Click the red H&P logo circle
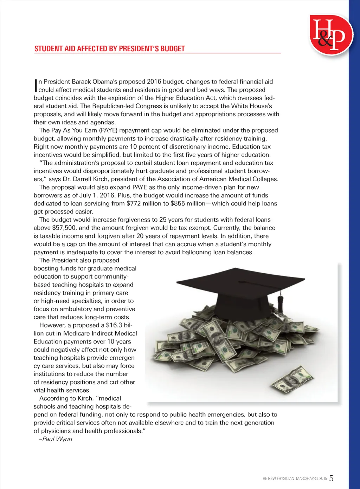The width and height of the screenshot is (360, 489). (331, 34)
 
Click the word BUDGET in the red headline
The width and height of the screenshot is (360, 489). (173, 49)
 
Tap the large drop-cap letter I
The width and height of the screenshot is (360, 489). (36, 85)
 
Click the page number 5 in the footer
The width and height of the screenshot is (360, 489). (332, 478)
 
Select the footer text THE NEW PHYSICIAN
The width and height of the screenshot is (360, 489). (277, 478)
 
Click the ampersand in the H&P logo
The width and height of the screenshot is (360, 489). (325, 40)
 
